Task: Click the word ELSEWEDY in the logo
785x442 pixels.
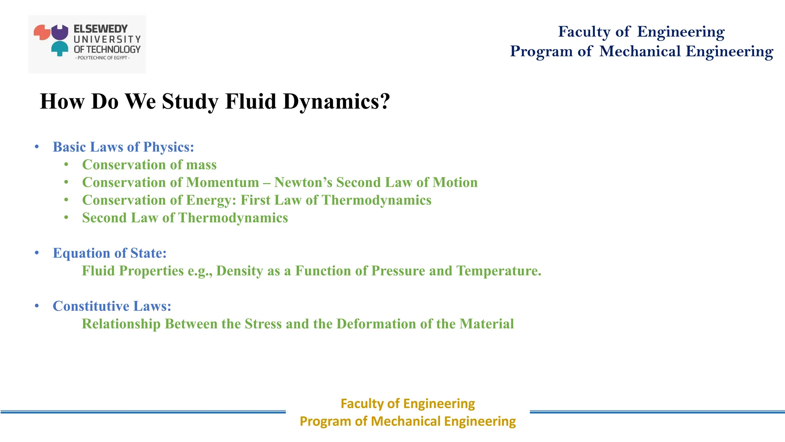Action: (100, 29)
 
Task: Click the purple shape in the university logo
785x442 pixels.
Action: (60, 33)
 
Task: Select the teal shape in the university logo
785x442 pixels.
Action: (60, 48)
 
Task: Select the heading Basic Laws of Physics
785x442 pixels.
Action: (123, 147)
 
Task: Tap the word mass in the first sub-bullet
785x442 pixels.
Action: (201, 165)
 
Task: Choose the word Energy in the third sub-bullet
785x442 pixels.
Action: (211, 200)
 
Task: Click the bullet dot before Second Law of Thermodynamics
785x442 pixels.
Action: (66, 218)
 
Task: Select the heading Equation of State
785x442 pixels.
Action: (110, 253)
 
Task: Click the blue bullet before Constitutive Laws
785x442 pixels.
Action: (37, 306)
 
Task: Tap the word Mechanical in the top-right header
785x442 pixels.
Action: (640, 51)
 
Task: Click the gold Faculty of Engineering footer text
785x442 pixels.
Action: (407, 404)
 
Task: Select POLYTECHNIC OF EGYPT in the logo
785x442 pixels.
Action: (102, 58)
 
